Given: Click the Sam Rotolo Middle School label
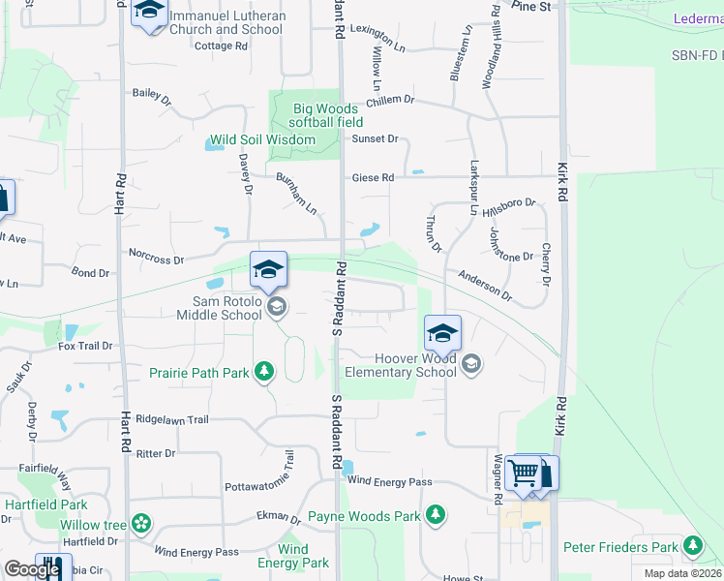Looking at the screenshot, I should [220, 308].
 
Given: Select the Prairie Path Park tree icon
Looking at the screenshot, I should [263, 372].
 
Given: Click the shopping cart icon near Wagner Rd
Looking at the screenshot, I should [523, 474].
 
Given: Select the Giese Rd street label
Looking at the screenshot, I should [373, 178].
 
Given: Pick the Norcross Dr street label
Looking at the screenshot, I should [156, 259].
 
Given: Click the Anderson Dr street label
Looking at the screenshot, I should [484, 284].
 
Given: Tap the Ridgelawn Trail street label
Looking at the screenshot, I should [172, 420].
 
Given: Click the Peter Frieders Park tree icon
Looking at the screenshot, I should [693, 547].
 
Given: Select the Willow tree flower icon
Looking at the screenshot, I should [141, 524].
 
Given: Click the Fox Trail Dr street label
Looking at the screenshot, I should [85, 346].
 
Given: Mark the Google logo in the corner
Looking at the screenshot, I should [32, 570].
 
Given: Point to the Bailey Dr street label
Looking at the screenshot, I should [152, 95].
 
